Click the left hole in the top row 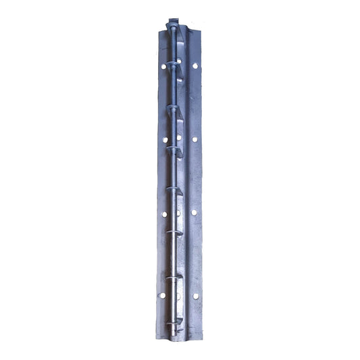[x=163, y=67]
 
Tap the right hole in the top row [x=195, y=67]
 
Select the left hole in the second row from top [x=164, y=140]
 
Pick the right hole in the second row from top [x=195, y=139]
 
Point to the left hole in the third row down [x=163, y=213]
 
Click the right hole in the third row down [x=195, y=213]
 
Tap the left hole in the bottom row [x=163, y=296]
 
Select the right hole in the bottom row [x=195, y=296]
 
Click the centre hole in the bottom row [x=178, y=296]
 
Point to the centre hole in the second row [x=180, y=140]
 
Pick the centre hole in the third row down [x=179, y=213]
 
